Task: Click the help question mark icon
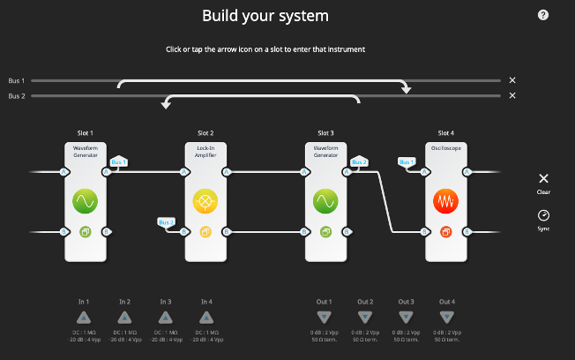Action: coord(543,15)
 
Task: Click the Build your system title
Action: coord(265,16)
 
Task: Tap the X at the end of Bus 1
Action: coord(512,80)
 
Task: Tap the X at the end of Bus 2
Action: coord(512,95)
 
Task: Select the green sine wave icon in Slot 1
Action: coord(85,201)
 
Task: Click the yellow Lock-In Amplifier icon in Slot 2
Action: coord(205,201)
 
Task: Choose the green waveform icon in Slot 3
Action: coord(325,201)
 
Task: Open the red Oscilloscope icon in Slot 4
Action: coord(446,201)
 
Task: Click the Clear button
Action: coord(543,182)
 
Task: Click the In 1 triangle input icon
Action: coord(84,318)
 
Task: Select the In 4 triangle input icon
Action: coord(205,318)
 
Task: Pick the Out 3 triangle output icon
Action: coord(407,318)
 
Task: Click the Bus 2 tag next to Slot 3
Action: coord(359,162)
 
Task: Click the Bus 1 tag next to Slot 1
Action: coord(119,162)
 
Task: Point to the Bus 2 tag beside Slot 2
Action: coord(167,222)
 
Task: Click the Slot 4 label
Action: coord(446,132)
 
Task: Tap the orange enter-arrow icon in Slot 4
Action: coord(446,232)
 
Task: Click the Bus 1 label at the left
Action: coord(17,80)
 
